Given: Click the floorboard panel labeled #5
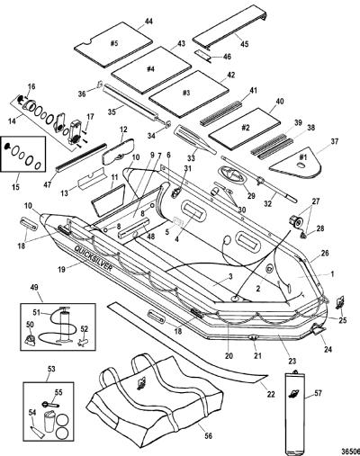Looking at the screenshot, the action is [x=112, y=43].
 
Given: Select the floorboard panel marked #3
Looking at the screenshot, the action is [x=189, y=94].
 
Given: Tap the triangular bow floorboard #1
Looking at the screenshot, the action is [x=296, y=164].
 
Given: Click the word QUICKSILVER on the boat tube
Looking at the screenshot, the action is [x=94, y=259].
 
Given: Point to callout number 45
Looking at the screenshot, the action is [x=245, y=44].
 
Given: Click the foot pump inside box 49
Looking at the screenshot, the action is [x=64, y=326].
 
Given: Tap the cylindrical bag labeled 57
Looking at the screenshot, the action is [x=293, y=413].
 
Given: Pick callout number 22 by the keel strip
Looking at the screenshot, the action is [x=271, y=395].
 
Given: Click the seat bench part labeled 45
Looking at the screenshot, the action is [x=230, y=30].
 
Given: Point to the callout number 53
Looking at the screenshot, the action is [x=51, y=369].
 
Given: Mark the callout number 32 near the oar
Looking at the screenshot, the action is [x=268, y=204].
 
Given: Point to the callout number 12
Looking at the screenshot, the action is [x=123, y=130].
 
